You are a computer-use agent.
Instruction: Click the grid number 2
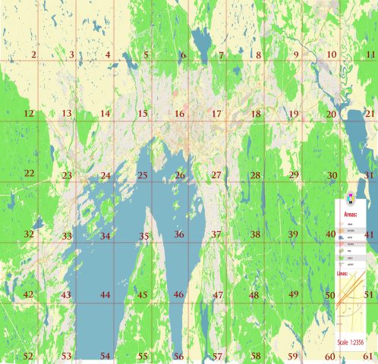click(x=33, y=55)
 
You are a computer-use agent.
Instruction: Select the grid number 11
click(x=370, y=55)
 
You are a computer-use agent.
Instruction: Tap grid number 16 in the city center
click(x=180, y=114)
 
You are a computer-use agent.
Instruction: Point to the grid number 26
click(x=180, y=175)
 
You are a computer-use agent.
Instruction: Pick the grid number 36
click(x=179, y=234)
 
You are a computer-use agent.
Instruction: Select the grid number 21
click(x=370, y=114)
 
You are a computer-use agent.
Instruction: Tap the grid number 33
click(x=67, y=237)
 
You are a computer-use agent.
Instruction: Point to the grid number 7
click(x=221, y=55)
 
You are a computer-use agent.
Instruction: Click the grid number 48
click(x=254, y=295)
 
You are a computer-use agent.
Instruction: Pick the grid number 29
click(x=293, y=175)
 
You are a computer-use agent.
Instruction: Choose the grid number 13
click(x=67, y=114)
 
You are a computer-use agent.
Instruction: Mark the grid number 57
click(x=217, y=356)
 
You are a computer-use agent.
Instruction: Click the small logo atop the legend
click(x=350, y=199)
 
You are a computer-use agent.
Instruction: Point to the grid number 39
click(x=292, y=234)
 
